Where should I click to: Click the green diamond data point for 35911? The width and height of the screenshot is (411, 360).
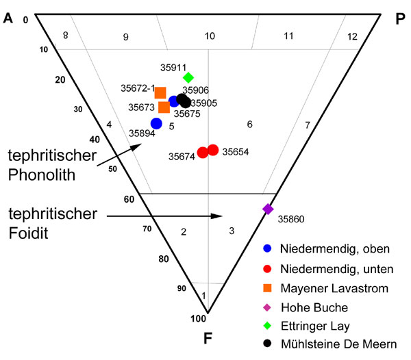pos(188,77)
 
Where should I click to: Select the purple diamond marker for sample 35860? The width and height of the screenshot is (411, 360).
pos(268,209)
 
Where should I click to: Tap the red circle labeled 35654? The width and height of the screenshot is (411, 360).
pos(213,150)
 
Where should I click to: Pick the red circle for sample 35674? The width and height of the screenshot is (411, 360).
pos(203,153)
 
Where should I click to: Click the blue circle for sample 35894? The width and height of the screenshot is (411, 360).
pos(156,123)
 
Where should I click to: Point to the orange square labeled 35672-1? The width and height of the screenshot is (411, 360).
pos(160,92)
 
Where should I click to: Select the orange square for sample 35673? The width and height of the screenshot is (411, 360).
pos(164,107)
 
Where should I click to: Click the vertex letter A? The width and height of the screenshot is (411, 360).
pos(8,18)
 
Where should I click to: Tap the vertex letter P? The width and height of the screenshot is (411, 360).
pos(400,19)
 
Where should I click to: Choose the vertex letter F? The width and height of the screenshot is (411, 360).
pos(208,338)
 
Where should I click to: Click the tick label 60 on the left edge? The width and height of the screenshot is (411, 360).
pos(129,199)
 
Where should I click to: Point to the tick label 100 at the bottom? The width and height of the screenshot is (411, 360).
pos(199,319)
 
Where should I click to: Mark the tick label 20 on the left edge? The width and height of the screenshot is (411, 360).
pos(60,80)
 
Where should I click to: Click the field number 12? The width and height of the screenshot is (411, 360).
pos(352,37)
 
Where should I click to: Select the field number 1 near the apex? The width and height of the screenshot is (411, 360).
pos(203,296)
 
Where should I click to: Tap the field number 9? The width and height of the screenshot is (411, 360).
pos(126,37)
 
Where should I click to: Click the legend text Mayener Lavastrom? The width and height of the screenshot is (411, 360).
pos(334,288)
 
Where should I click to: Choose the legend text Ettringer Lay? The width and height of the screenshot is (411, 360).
pos(315,326)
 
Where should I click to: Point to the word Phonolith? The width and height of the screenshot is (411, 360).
pos(42,175)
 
